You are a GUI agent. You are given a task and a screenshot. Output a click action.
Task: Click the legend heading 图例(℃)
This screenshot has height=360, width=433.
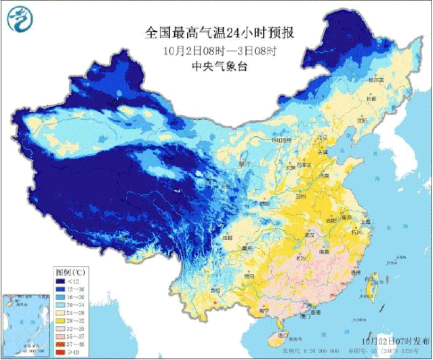[x=70, y=271]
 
